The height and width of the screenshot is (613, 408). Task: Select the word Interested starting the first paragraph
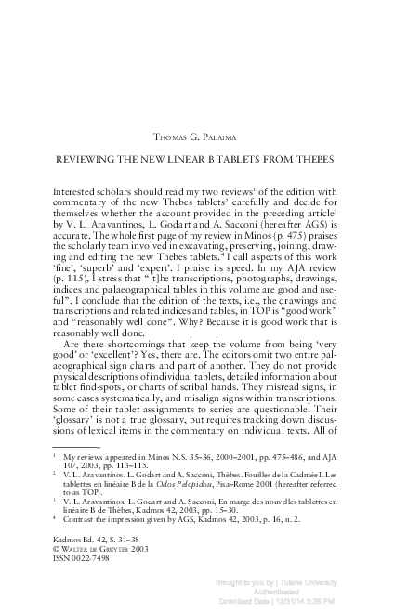79,189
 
